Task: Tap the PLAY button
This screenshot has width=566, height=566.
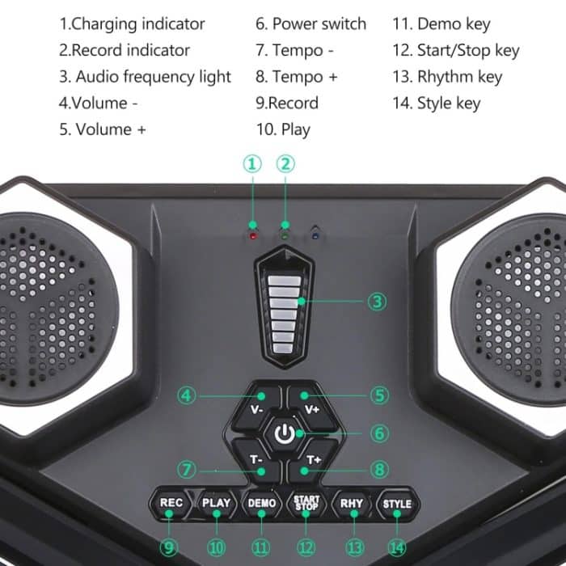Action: pyautogui.click(x=216, y=502)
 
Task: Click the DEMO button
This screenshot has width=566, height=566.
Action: pyautogui.click(x=261, y=502)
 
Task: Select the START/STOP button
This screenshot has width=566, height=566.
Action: pyautogui.click(x=306, y=502)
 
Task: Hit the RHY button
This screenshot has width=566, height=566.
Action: pyautogui.click(x=352, y=502)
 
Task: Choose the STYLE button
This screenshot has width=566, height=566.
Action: pyautogui.click(x=397, y=503)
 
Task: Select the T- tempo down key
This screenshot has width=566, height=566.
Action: pyautogui.click(x=256, y=459)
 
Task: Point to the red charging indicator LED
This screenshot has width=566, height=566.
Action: pyautogui.click(x=253, y=235)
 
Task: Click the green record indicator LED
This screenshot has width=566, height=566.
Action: pyautogui.click(x=284, y=234)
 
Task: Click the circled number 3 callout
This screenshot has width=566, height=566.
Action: pyautogui.click(x=377, y=302)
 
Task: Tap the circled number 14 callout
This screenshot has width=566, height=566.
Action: pyautogui.click(x=397, y=547)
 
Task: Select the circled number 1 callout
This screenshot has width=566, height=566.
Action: pyautogui.click(x=253, y=164)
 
